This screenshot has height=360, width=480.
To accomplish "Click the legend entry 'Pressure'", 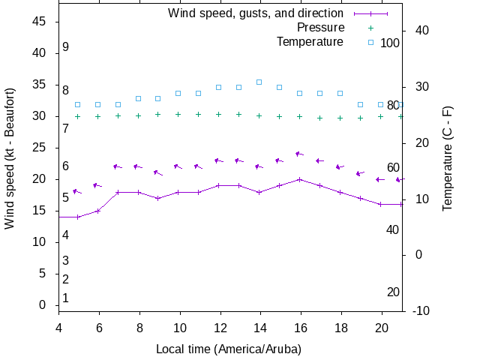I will coord(320,27).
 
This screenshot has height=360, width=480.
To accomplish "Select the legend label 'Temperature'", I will coord(310,41).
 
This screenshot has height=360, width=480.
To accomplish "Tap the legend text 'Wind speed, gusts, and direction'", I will coord(256,13).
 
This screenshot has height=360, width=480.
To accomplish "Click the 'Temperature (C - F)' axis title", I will coord(447,157).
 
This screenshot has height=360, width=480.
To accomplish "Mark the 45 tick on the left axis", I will coord(40,22).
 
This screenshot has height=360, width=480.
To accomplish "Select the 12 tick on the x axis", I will coord(220,328).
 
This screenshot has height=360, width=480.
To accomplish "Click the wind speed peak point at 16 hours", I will coord(300,179).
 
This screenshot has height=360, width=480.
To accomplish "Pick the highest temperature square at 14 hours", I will coord(259,82).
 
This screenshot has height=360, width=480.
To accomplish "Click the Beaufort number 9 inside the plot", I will coord(66,47).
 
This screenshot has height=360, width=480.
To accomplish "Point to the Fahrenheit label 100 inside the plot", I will coord(390,43).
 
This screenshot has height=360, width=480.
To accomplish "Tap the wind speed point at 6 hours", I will coord(98,211).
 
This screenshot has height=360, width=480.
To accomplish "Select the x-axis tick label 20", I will coord(382,328).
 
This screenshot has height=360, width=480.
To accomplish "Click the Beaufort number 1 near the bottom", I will coord(66,298).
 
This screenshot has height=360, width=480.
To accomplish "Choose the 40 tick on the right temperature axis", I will coord(421,31).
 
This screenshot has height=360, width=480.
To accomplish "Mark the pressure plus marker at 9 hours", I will coord(158,114).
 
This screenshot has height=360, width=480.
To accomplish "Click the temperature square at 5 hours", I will coord(78,104).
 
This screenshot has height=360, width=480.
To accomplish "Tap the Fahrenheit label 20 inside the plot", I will coord(393,292).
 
